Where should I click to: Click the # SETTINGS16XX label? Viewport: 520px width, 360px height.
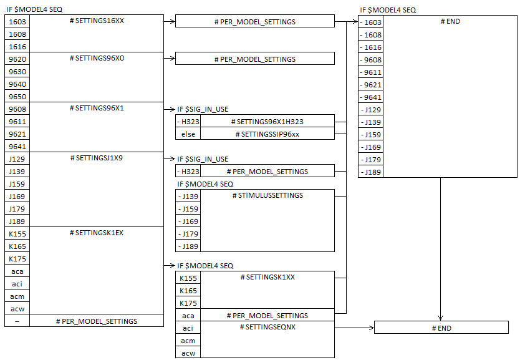97,21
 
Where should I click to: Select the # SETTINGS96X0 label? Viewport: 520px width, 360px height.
97,58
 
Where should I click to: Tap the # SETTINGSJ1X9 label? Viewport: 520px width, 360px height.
97,158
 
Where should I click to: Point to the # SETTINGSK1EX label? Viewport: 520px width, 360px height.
97,233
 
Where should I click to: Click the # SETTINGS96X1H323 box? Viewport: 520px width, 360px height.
267,122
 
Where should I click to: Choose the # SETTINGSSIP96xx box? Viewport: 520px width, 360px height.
267,134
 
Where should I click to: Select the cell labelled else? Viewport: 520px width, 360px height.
188,134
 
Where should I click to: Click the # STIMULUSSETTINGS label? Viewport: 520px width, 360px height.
267,195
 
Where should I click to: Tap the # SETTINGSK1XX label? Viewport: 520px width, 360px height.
267,277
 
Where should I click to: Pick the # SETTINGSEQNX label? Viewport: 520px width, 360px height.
267,327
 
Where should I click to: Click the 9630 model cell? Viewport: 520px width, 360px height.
17,72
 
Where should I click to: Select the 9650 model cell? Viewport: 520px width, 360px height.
17,97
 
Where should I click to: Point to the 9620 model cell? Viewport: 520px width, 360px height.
17,59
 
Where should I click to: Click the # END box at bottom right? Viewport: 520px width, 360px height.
441,328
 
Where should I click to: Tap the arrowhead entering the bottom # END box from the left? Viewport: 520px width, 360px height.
372,328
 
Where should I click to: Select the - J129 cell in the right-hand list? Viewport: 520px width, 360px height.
371,110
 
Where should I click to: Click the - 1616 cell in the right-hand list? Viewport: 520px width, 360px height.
371,47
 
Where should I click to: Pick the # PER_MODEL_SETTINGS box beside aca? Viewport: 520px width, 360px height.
267,315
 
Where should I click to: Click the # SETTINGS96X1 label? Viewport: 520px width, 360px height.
97,108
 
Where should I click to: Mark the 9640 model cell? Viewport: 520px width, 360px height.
17,84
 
